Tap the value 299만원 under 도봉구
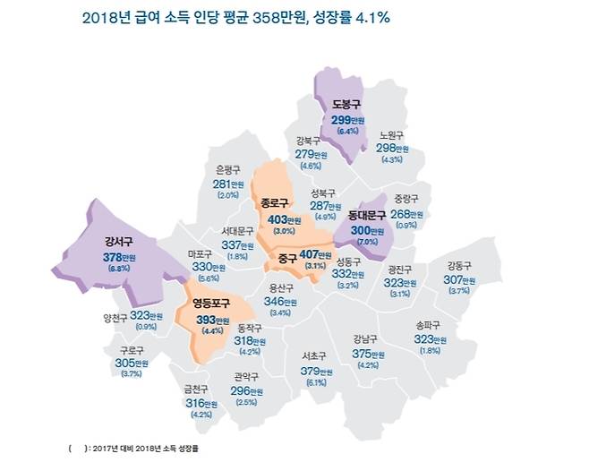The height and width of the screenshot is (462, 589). click(x=346, y=119)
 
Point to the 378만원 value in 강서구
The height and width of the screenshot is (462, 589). click(x=117, y=256)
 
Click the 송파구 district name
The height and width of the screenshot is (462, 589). click(x=431, y=326)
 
